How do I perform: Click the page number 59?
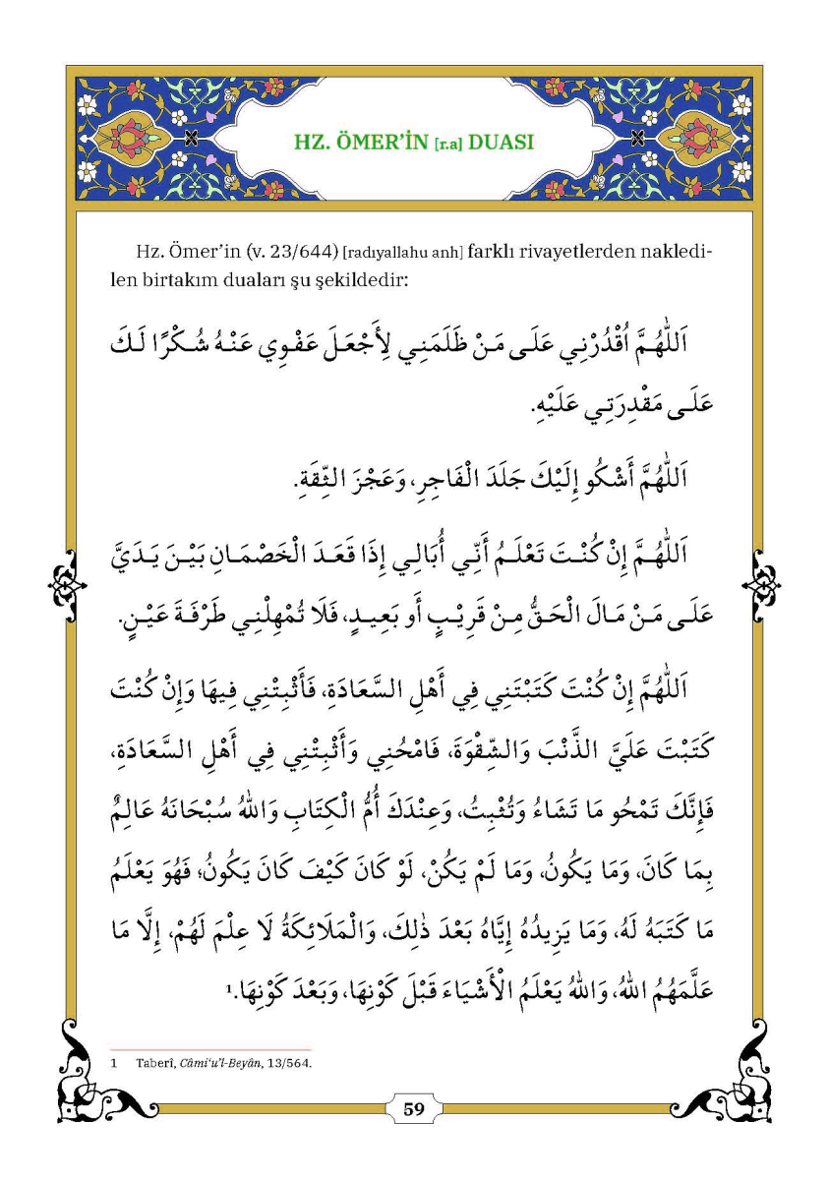click(x=414, y=1110)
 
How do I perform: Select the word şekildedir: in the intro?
click(x=359, y=279)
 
